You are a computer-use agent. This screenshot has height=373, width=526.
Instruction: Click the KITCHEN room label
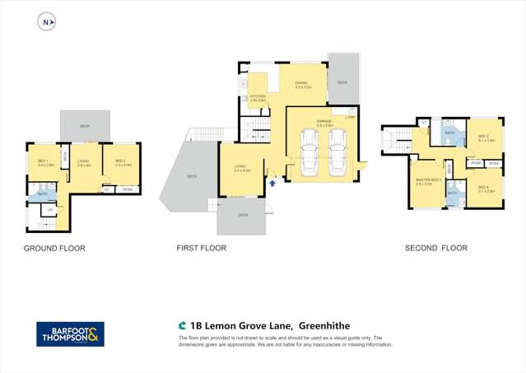[258, 97]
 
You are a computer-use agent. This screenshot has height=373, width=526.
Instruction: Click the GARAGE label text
[324, 123]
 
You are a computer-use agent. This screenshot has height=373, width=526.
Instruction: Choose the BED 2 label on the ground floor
[120, 162]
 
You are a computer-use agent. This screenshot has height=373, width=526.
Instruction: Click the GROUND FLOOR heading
[54, 248]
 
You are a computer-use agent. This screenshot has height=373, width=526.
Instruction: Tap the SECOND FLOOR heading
[435, 248]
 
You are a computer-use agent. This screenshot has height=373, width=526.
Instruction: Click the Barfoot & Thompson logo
[70, 333]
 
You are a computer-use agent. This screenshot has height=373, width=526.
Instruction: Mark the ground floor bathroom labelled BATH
[41, 193]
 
